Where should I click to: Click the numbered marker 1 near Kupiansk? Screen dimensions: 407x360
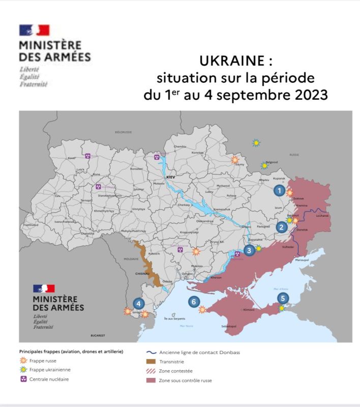click(x=279, y=191)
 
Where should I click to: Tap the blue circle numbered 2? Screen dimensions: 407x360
click(x=281, y=227)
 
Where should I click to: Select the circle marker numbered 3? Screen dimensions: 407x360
click(x=249, y=250)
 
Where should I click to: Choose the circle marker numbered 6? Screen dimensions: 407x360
click(x=193, y=302)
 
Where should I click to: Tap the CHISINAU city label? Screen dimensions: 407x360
click(x=142, y=273)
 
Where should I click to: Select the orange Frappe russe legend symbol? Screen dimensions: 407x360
click(x=23, y=361)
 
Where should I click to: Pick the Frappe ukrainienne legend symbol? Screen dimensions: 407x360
click(x=23, y=370)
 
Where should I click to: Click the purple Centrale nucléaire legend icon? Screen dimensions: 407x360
click(x=23, y=379)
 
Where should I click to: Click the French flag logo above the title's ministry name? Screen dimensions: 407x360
click(x=34, y=30)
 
